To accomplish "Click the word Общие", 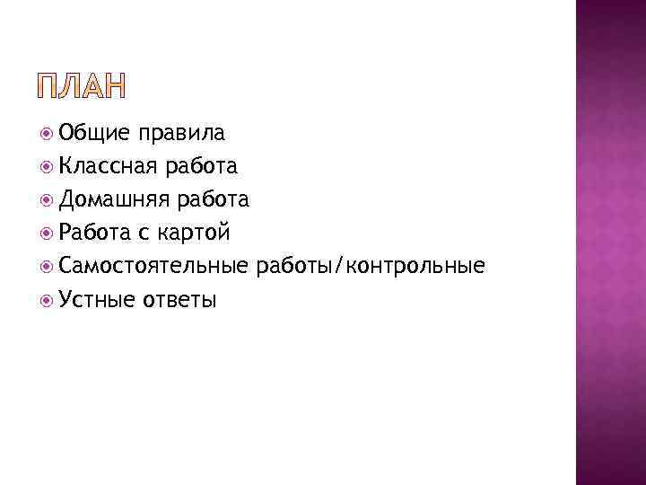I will pos(92,134).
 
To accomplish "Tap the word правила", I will pos(182,134).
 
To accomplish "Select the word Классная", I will pos(109,166).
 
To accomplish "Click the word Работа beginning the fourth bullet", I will pos(95,233).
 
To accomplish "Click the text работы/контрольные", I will pos(371,266).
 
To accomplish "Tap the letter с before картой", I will pos(144,234).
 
